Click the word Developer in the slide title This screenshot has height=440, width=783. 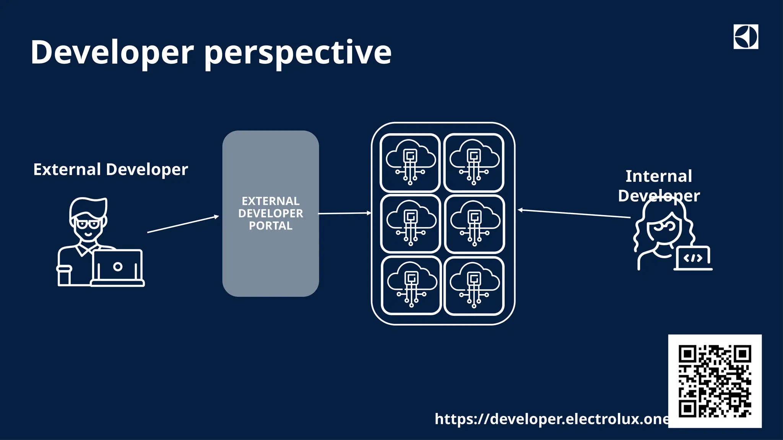coord(112,52)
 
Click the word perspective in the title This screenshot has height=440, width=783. coord(298,53)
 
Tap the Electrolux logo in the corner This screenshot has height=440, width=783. coord(746,37)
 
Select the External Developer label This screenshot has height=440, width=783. coord(110,169)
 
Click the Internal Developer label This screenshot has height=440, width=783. coord(659,186)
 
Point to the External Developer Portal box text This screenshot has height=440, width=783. coord(271,213)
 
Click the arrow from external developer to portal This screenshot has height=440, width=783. coord(183,224)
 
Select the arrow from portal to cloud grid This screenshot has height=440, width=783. coord(344,213)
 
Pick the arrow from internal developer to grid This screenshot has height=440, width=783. coord(573,214)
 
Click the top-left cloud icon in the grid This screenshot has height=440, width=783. coord(410,162)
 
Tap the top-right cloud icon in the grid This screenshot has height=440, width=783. coord(474,162)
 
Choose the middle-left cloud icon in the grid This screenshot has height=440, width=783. coord(411,224)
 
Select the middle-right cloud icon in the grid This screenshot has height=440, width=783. coord(474,224)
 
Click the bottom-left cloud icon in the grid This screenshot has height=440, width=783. coord(411,285)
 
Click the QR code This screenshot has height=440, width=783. coord(715,381)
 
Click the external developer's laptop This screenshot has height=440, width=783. coord(118,267)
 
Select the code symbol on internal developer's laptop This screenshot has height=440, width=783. coord(693,258)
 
